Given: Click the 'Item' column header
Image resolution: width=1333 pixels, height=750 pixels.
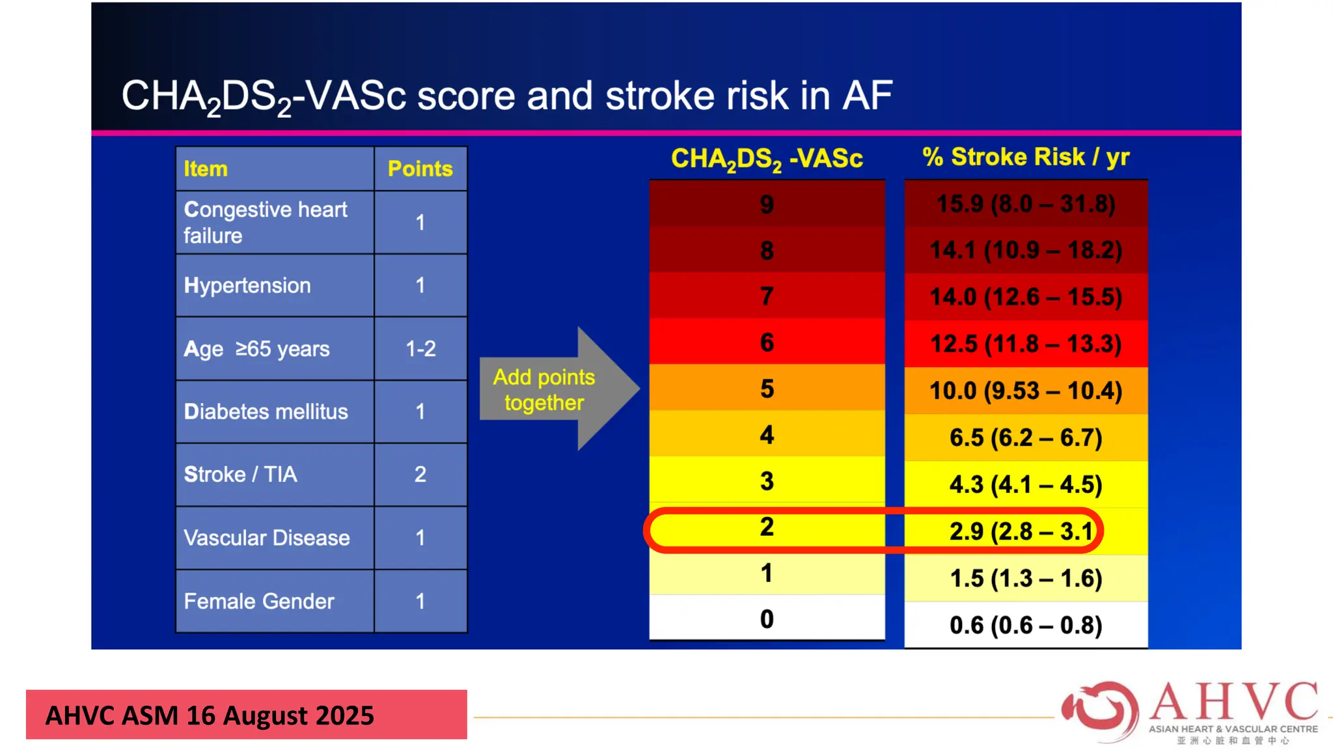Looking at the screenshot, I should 206,169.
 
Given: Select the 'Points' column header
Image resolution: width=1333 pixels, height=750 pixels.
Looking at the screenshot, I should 420,169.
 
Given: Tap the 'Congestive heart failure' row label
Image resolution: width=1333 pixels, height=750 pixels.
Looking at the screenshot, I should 266,222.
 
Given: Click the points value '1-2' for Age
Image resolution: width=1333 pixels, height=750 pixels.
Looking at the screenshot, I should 420,349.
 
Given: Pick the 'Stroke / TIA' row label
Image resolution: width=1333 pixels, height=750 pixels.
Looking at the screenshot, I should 240,474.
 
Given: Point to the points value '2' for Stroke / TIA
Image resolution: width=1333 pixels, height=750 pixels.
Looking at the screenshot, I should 420,474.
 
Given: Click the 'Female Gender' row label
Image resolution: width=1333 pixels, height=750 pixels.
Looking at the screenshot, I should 259,601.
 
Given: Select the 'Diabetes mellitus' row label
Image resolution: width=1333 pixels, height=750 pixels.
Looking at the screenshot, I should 266,411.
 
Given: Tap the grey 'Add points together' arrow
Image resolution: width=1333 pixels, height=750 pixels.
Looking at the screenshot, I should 553,389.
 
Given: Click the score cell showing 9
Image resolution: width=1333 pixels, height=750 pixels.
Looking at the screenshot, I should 767,204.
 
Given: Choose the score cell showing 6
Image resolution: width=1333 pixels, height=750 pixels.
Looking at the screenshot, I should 767,342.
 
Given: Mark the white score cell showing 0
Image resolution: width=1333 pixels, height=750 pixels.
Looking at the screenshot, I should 767,618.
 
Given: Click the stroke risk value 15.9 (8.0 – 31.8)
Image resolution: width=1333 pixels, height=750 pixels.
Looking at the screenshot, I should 1026,204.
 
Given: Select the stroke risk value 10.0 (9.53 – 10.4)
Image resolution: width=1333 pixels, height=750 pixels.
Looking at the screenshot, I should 1026,391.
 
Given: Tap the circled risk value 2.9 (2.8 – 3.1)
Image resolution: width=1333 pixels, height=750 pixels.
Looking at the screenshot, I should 1022,531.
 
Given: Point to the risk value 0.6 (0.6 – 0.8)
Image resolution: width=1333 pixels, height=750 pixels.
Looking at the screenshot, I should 1026,625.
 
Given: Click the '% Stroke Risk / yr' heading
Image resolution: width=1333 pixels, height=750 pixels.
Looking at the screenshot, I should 1026,157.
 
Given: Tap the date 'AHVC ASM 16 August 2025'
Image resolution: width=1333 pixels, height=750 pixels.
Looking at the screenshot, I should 210,715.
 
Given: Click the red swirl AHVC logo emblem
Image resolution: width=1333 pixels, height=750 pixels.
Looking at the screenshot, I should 1100,711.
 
